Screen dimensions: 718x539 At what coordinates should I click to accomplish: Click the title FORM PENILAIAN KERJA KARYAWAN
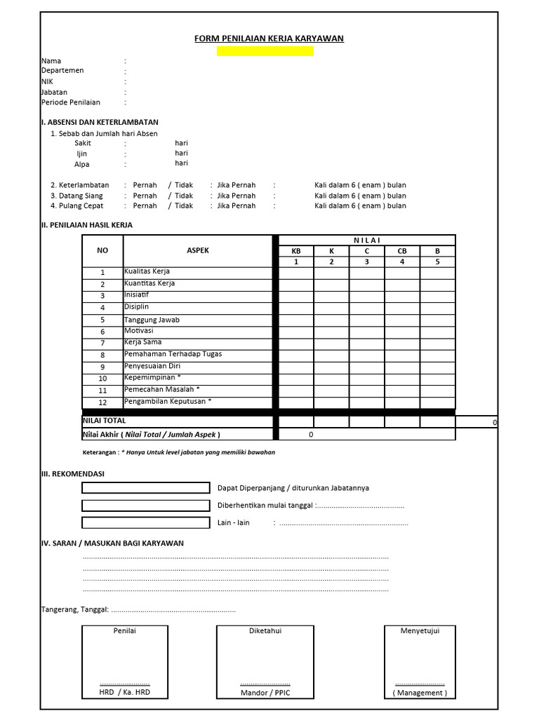269,39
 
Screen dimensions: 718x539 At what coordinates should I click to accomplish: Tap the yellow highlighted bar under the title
265,51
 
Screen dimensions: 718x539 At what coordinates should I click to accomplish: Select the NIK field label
47,81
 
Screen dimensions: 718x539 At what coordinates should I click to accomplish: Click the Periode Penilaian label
70,102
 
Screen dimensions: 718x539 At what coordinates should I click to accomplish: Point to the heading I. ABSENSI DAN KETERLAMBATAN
100,121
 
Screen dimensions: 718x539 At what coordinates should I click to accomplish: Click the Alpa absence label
82,164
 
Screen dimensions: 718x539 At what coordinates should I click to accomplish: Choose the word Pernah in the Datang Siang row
145,196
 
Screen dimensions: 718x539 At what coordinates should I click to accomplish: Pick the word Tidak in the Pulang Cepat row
184,206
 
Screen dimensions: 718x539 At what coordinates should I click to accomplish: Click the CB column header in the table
402,251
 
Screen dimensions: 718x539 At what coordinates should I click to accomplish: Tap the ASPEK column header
197,250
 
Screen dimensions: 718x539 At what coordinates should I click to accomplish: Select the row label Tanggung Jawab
152,320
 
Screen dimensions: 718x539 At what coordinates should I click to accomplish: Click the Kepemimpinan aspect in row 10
152,377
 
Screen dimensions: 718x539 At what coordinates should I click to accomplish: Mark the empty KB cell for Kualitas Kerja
296,272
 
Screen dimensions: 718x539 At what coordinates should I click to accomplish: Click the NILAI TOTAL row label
105,421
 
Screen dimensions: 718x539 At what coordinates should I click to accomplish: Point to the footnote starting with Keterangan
178,452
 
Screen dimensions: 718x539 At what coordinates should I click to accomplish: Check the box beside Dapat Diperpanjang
145,488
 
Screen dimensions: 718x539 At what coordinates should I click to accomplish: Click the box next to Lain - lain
145,522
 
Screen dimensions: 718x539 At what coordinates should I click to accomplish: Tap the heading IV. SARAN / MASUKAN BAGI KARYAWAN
112,543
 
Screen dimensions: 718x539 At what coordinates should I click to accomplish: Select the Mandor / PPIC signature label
265,693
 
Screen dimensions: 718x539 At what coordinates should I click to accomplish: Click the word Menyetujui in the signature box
420,631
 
